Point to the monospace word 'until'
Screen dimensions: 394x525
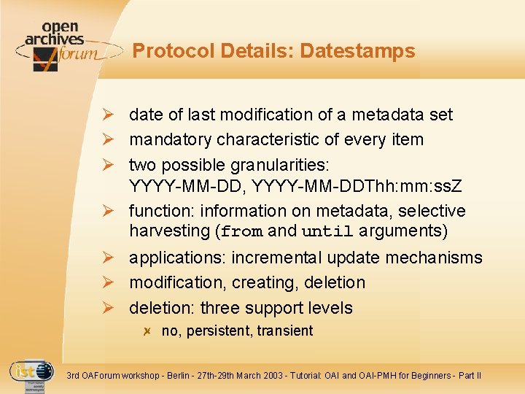327,232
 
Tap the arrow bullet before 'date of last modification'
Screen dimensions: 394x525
108,115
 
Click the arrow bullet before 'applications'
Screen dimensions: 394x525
108,258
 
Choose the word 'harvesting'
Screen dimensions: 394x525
169,231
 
